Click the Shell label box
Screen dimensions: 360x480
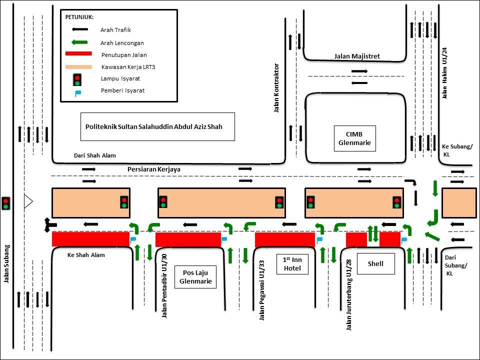(375, 263)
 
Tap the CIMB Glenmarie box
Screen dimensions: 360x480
(354, 138)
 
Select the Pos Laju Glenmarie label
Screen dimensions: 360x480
(195, 276)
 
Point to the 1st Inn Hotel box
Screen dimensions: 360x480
(292, 264)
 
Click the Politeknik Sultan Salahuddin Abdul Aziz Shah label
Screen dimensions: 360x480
(153, 127)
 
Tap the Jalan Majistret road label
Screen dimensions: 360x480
(357, 56)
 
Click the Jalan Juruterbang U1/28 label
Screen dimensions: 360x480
(349, 295)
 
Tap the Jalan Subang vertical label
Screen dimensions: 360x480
(7, 263)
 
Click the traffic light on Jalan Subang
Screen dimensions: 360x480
(6, 202)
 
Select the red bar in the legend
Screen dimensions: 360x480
(79, 53)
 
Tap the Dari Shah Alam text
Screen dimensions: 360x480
(94, 155)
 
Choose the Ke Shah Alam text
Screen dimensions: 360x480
(86, 254)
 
